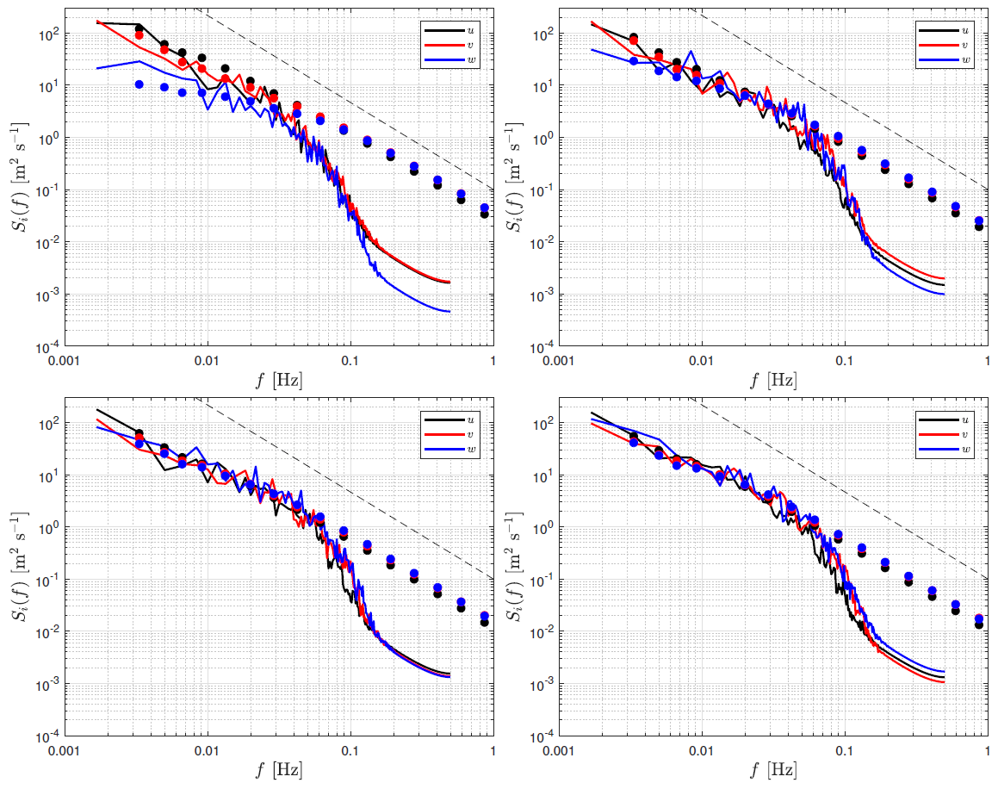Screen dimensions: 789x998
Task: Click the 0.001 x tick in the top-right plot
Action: [560, 363]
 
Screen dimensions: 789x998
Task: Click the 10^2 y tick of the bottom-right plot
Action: [540, 424]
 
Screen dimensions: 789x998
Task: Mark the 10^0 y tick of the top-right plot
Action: [540, 138]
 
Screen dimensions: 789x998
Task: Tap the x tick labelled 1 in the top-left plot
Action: [493, 363]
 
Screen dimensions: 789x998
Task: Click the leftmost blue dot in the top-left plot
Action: [139, 84]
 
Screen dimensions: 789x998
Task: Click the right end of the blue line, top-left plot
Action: [449, 311]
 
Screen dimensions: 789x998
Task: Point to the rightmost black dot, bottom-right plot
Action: [978, 624]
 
